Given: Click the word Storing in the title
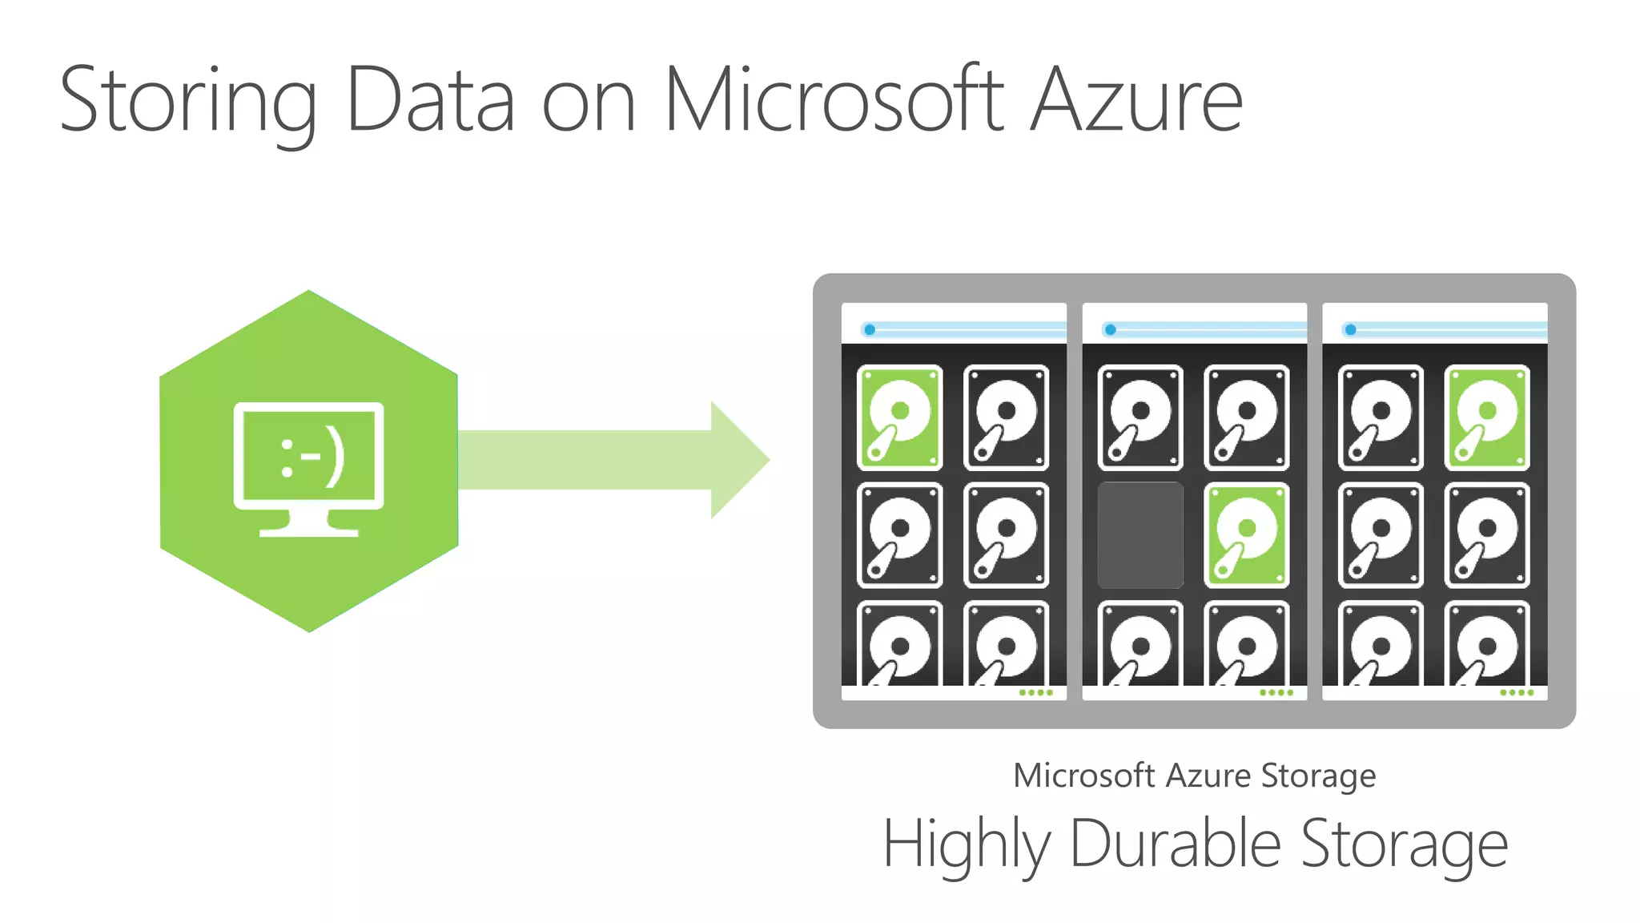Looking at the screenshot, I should pos(188,102).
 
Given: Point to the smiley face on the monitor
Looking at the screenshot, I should pos(312,459).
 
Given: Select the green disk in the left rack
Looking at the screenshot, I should pos(899,417).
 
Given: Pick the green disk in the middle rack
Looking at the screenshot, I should pos(1247,535).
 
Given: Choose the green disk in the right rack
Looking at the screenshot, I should pos(1487,417).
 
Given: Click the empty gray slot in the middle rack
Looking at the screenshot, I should pos(1140,535).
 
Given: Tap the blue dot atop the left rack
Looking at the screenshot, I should pos(870,329).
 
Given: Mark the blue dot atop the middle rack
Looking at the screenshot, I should pos(1110,329).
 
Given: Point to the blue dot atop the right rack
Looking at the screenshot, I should pos(1350,329).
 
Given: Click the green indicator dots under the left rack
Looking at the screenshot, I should pos(1036,692).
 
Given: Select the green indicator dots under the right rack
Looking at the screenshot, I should pos(1517,692).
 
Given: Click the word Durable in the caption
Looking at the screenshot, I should pos(1175,844).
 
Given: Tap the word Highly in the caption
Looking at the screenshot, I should pos(967,845).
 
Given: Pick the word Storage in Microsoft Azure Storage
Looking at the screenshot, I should pos(1318,776).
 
